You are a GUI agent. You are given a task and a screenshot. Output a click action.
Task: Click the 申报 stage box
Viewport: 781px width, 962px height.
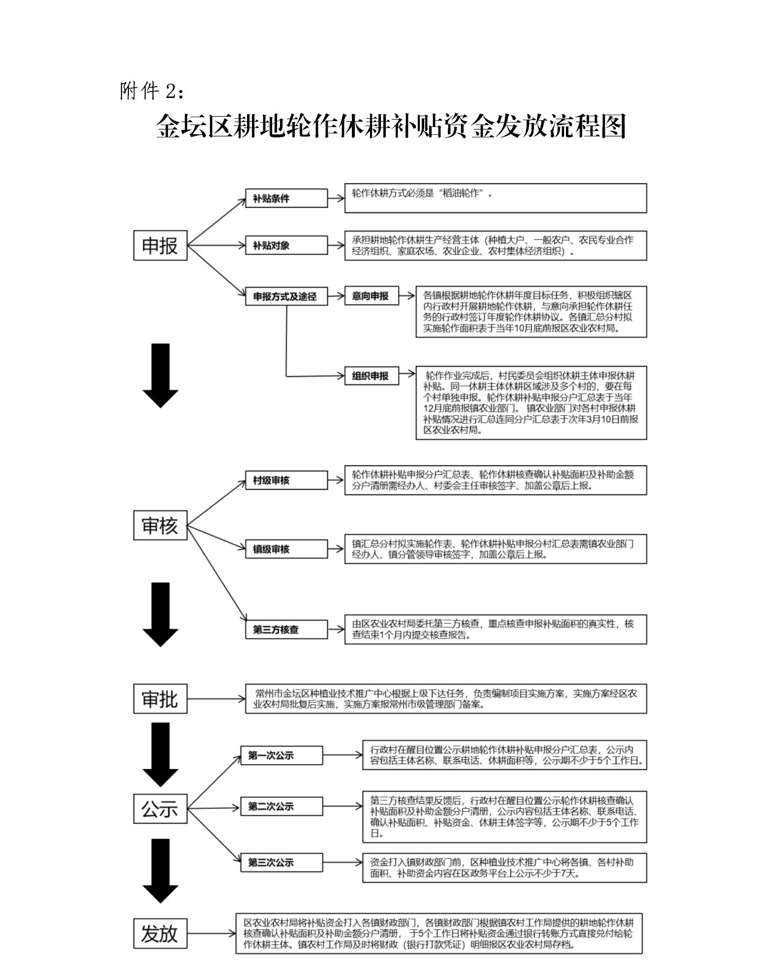tap(160, 245)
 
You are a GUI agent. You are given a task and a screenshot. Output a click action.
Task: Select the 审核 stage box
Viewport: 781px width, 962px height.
tap(160, 525)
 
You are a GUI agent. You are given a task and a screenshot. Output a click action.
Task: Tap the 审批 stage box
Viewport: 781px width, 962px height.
tap(160, 699)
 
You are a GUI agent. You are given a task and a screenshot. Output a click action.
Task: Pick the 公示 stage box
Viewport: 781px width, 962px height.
tap(160, 808)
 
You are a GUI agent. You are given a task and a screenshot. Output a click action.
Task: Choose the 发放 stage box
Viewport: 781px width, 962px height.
tap(160, 933)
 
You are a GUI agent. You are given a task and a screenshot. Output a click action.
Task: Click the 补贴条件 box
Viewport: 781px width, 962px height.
tap(286, 198)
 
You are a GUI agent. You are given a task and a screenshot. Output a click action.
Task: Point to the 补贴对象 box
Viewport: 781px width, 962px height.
tap(286, 245)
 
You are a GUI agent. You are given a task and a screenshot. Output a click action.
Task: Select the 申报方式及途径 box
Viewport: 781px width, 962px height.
tap(286, 296)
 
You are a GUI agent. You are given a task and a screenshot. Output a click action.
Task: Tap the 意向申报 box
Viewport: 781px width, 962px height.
tap(372, 295)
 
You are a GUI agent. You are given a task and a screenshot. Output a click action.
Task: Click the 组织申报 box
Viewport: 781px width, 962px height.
tap(372, 376)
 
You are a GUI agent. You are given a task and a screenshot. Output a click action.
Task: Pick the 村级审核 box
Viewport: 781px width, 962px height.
tap(286, 480)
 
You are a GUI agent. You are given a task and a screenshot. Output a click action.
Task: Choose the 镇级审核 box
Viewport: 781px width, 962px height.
tap(286, 549)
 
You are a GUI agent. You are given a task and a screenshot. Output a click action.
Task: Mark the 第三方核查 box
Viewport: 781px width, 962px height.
tap(286, 629)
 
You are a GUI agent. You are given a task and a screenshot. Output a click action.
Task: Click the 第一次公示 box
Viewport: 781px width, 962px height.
tap(281, 755)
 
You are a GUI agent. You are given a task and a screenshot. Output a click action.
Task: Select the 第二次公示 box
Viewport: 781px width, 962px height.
tap(281, 806)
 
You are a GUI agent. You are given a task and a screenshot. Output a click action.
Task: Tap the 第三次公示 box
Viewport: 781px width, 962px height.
tap(281, 863)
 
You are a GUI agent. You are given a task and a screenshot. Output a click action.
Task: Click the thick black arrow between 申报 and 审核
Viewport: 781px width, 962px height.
tap(160, 376)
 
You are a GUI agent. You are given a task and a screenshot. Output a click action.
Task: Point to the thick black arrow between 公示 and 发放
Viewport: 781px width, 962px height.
tap(160, 871)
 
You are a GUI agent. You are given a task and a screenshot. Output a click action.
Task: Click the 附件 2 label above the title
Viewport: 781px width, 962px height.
tap(153, 91)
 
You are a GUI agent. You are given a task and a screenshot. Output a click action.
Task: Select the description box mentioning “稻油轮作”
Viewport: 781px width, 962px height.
tap(496, 198)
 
